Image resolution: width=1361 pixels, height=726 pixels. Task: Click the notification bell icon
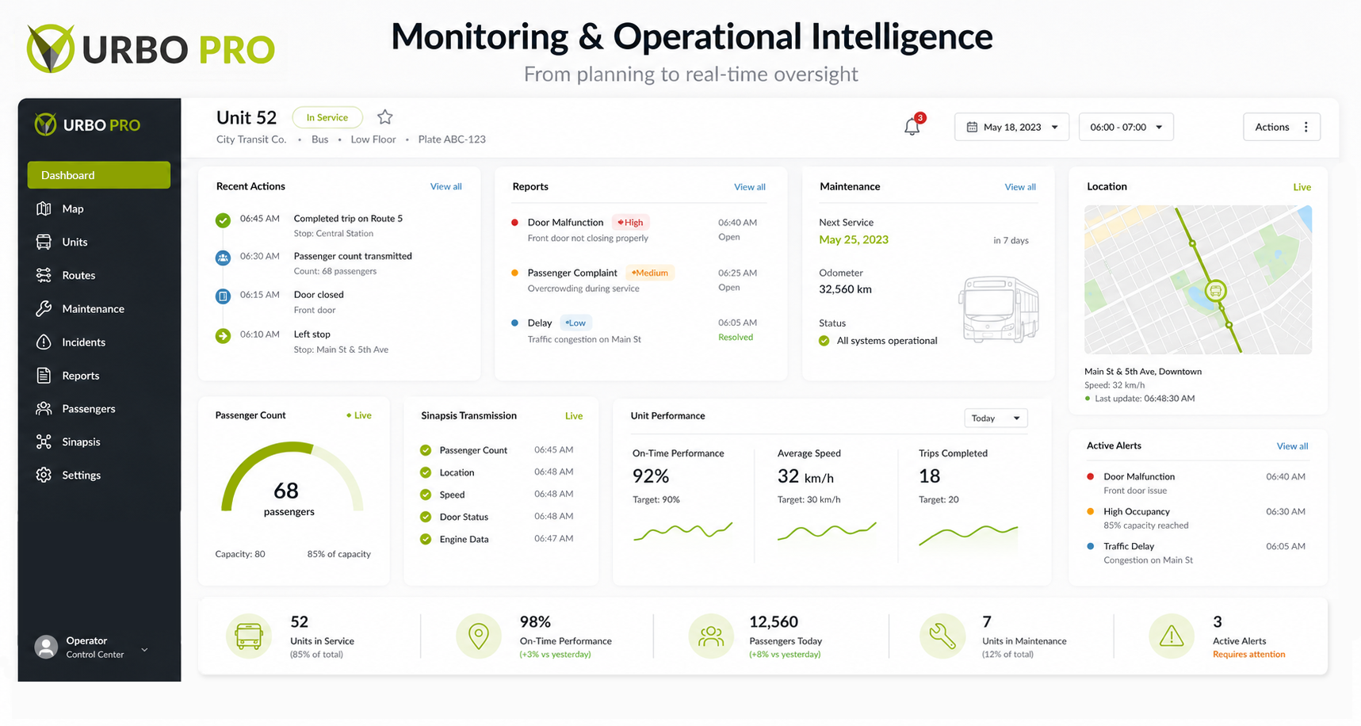tap(912, 126)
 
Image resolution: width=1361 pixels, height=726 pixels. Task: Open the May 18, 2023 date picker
tap(1011, 127)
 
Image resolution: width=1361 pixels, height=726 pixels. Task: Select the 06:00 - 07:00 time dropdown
tap(1126, 127)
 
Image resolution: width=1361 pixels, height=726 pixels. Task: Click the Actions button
tap(1281, 127)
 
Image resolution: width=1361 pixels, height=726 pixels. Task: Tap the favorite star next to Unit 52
tap(385, 117)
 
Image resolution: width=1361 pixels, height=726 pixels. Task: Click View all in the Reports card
tap(750, 187)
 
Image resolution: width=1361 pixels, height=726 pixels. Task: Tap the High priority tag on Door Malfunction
tap(630, 223)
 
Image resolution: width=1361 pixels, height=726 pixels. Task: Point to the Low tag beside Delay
tap(575, 323)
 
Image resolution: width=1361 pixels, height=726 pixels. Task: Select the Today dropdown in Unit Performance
tap(996, 418)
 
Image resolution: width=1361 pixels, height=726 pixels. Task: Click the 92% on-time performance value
tap(651, 476)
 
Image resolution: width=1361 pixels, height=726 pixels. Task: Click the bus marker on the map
tap(1215, 291)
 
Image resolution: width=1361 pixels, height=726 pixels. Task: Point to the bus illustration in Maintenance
tap(999, 309)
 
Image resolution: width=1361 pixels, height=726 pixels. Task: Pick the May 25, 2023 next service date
tap(854, 239)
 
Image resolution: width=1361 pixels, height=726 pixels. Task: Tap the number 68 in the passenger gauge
tap(286, 491)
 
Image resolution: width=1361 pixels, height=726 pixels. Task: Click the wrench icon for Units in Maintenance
tap(942, 636)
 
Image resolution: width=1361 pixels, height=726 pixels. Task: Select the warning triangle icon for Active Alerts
tap(1172, 636)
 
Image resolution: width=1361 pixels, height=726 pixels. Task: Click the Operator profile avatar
tap(47, 647)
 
